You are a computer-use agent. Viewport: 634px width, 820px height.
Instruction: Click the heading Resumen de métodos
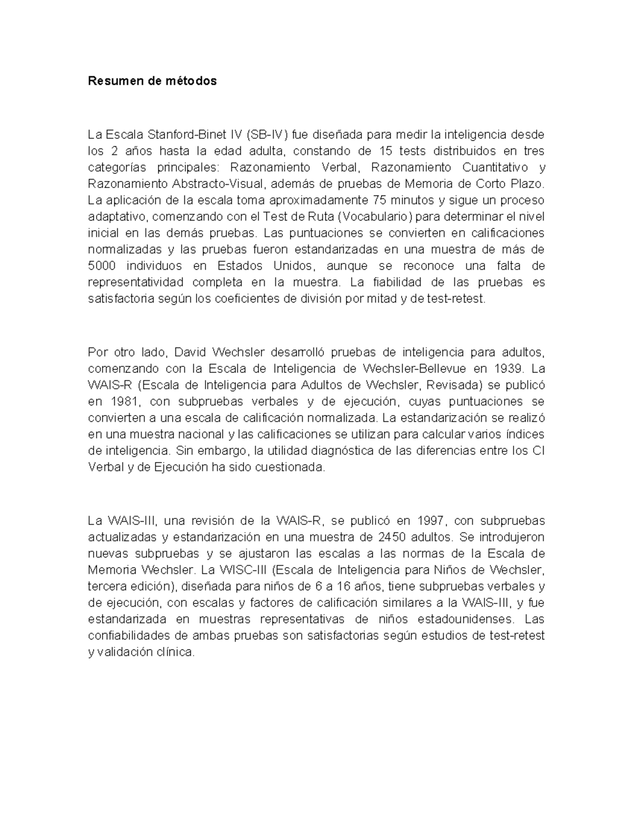(152, 81)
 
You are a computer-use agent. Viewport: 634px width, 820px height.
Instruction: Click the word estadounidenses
(464, 619)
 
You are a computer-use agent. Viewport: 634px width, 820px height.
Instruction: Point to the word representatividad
(136, 282)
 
